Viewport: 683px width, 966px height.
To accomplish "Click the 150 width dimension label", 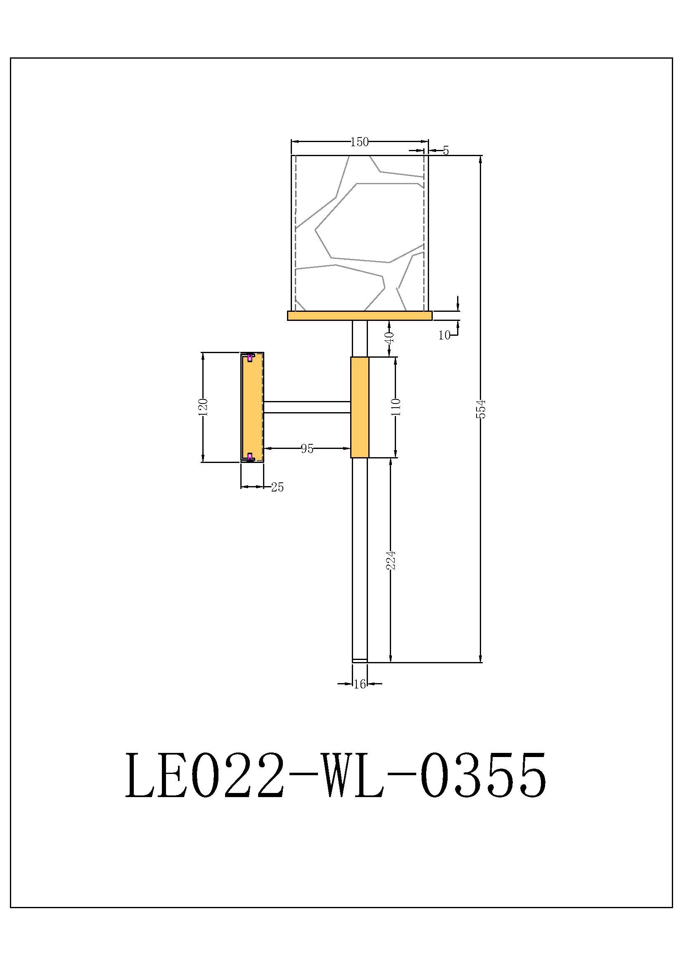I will tap(359, 142).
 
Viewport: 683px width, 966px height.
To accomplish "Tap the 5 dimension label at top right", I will tap(446, 150).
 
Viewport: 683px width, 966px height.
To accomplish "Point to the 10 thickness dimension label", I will tap(444, 335).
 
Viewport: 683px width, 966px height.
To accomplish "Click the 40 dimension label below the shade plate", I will tap(389, 338).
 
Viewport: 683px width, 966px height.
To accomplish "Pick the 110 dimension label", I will tap(396, 407).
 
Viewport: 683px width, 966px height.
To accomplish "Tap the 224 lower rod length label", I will tap(391, 560).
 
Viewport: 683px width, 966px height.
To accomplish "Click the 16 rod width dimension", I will tap(360, 684).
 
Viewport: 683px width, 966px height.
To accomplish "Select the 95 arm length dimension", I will tap(306, 449).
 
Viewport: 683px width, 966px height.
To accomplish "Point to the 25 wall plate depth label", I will tap(277, 487).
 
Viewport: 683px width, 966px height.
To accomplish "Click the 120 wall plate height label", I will tap(203, 407).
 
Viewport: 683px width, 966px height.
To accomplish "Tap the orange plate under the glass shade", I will tap(360, 316).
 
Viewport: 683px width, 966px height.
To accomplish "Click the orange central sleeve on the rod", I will tap(360, 407).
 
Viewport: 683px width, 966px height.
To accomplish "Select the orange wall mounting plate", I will tap(252, 407).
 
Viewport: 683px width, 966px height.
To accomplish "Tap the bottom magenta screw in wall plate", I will tap(250, 457).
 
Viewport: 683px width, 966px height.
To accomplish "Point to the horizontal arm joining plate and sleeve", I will tap(307, 407).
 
